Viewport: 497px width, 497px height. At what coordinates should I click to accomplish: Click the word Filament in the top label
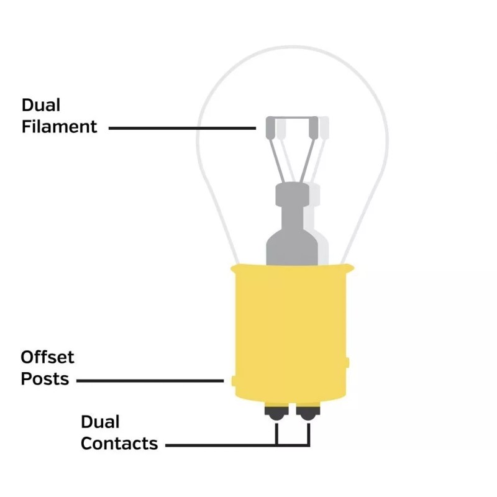point(60,127)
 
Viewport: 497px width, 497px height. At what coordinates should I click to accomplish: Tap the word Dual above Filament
point(41,105)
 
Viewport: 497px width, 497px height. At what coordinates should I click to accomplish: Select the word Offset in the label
point(47,357)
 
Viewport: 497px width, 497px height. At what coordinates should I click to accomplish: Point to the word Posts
point(45,379)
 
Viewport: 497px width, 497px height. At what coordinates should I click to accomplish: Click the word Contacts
point(119,444)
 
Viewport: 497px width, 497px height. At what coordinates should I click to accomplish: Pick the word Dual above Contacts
point(100,422)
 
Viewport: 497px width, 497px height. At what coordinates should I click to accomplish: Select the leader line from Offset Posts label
point(149,380)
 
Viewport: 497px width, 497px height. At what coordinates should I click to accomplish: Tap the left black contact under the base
point(275,412)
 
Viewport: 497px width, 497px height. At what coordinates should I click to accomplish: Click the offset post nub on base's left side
point(232,380)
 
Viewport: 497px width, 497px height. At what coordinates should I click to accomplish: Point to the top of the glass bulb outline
point(292,48)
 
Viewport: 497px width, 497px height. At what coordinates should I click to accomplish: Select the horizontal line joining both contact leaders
point(292,445)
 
